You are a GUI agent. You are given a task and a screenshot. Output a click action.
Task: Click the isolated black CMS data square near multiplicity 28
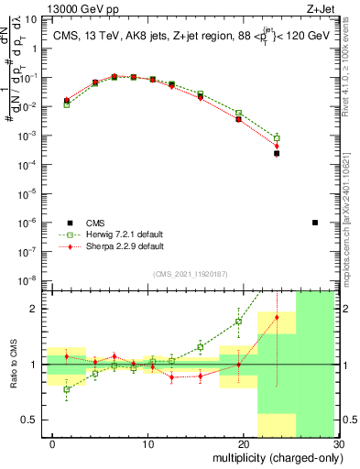[x=314, y=223]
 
